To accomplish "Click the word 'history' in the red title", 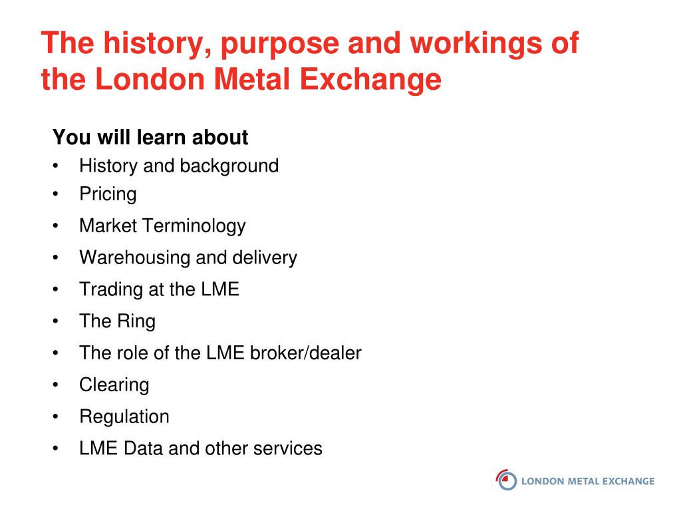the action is pyautogui.click(x=157, y=45).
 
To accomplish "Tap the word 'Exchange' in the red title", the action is pyautogui.click(x=370, y=80).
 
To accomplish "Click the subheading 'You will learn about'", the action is pyautogui.click(x=150, y=137).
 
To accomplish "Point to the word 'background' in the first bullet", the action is pyautogui.click(x=229, y=166).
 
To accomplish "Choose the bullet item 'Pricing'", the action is pyautogui.click(x=108, y=194).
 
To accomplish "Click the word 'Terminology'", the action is pyautogui.click(x=194, y=226).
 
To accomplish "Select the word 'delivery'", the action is pyautogui.click(x=265, y=257).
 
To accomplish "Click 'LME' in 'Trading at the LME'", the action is pyautogui.click(x=220, y=289).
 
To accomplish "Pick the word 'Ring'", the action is pyautogui.click(x=136, y=321).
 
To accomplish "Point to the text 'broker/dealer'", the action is pyautogui.click(x=306, y=353).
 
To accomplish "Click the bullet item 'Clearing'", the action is pyautogui.click(x=114, y=385).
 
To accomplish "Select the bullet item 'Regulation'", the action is pyautogui.click(x=124, y=417).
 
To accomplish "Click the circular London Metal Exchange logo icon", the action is pyautogui.click(x=506, y=480).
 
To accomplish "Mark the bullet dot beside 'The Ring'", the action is pyautogui.click(x=55, y=321).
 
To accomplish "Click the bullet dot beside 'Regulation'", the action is pyautogui.click(x=55, y=417).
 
